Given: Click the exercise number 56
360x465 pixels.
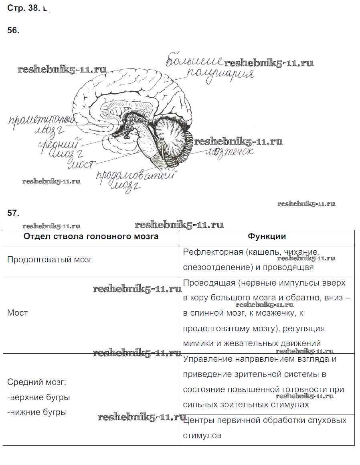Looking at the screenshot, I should [13, 31].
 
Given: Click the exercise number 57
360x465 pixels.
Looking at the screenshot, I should [13, 213].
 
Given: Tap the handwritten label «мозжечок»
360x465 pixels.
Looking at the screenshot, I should [229, 153].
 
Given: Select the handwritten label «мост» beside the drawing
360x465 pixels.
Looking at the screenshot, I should [83, 164].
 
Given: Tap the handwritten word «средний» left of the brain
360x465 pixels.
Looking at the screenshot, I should [59, 143].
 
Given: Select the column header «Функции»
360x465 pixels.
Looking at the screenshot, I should [267, 236].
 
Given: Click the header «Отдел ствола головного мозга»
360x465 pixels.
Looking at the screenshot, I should [91, 236].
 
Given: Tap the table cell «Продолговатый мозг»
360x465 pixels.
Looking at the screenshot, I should [50, 260].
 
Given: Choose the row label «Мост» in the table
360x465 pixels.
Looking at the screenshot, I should [18, 313].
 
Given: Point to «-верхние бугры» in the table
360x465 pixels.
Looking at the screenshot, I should [38, 397].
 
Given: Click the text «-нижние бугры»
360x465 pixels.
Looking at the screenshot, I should [37, 412].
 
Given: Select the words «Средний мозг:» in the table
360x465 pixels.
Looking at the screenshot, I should [37, 382].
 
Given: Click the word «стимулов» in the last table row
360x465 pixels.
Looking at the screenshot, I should [202, 435].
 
